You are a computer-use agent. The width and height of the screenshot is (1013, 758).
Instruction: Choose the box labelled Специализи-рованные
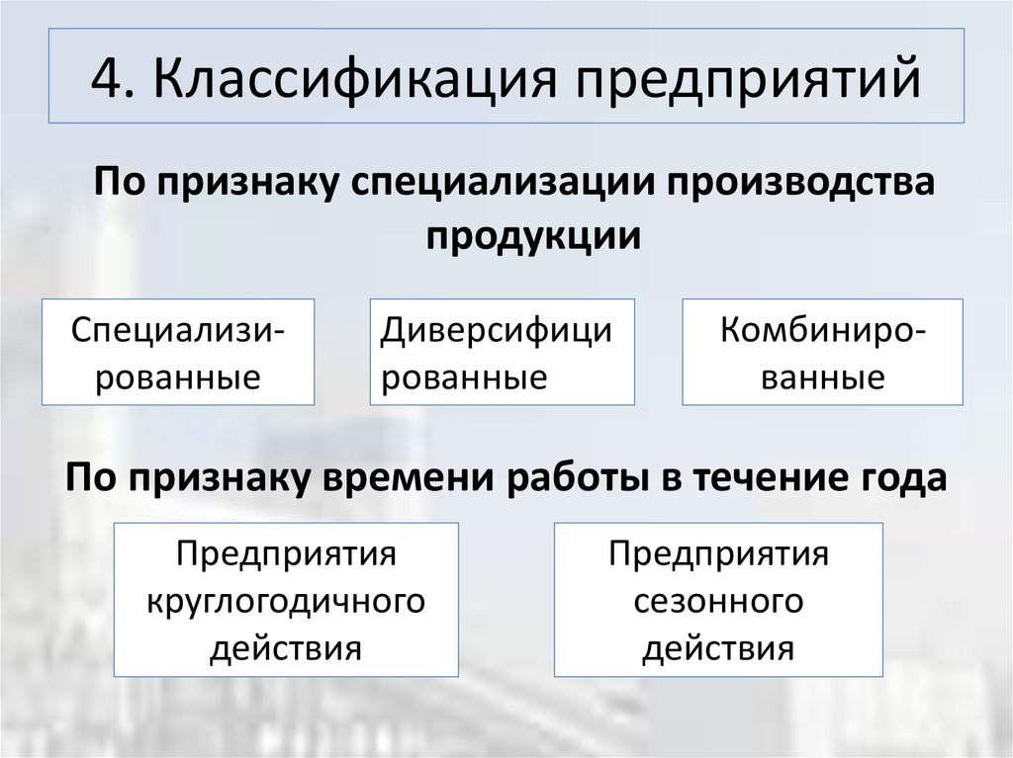[178, 352]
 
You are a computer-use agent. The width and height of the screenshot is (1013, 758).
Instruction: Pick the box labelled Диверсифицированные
[503, 352]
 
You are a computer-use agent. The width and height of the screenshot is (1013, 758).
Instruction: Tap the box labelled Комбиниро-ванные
[823, 352]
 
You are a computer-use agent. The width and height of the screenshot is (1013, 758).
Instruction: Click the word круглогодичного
[286, 601]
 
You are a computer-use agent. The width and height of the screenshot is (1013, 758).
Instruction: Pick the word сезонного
[718, 601]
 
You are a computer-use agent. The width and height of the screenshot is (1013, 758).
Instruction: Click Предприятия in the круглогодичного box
[286, 553]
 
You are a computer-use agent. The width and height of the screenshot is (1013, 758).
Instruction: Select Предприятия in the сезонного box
[718, 553]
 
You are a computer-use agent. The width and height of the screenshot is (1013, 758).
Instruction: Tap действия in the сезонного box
[718, 649]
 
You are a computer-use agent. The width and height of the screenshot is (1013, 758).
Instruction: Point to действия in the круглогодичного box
[286, 649]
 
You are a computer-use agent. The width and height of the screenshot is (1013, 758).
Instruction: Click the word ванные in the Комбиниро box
[823, 379]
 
